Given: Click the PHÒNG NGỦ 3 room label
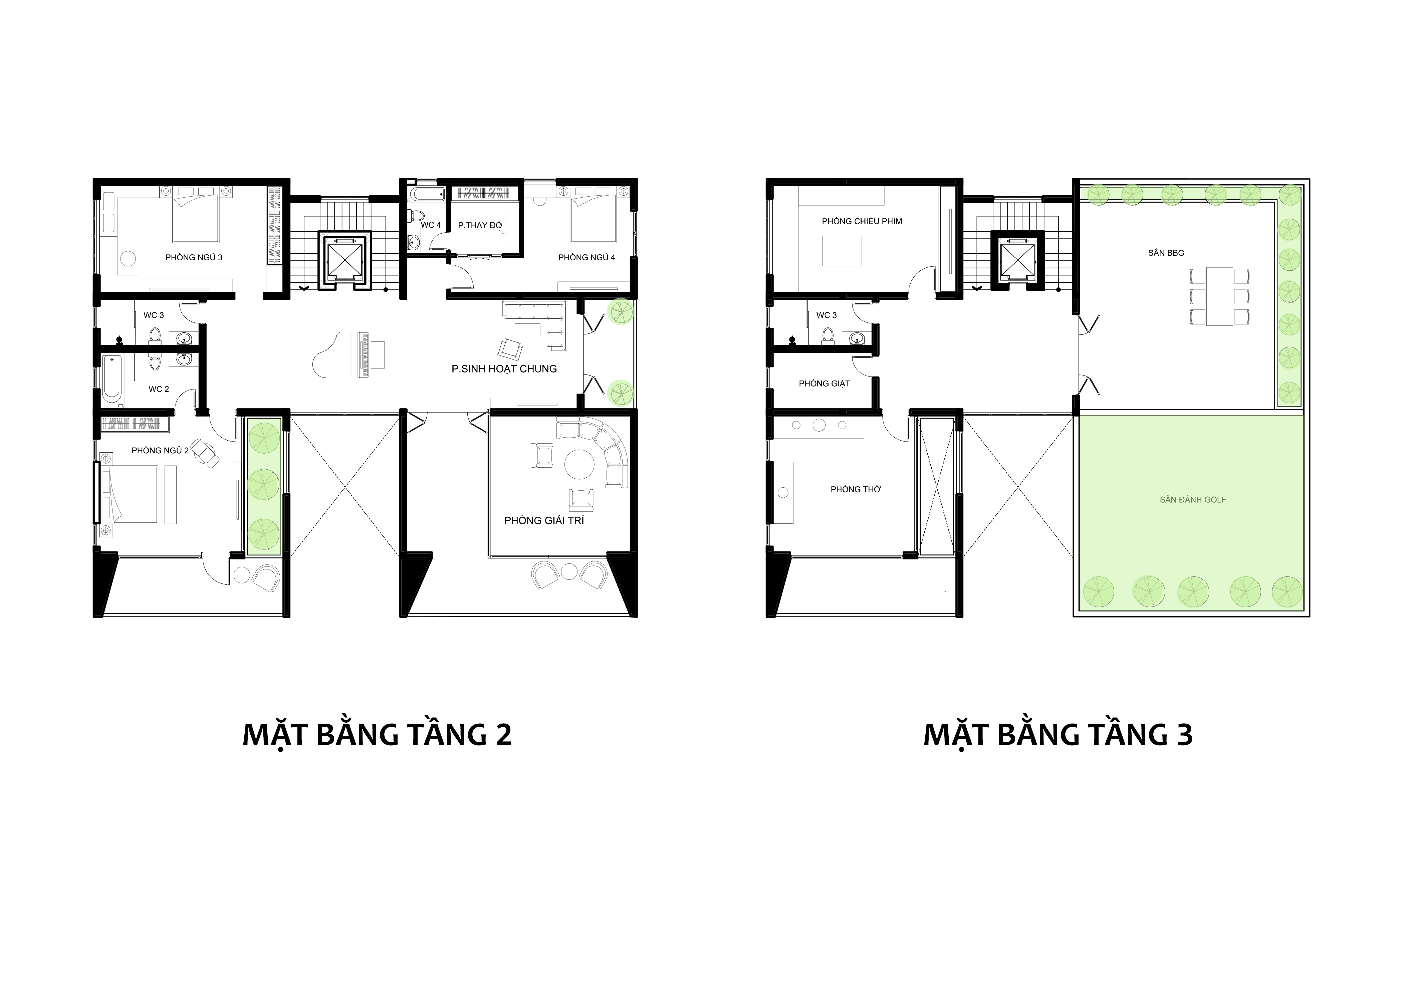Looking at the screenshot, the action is point(194,257).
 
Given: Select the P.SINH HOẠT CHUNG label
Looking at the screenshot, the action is point(504,369).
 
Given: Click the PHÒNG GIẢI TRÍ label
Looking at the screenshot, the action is point(544,520).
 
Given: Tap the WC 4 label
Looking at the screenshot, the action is point(431,225).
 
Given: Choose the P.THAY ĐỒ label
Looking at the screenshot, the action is point(480,226).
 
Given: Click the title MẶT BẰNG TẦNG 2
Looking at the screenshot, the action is point(377,735).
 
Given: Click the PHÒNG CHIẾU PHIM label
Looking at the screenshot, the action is point(862,221).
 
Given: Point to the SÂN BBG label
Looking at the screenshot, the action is point(1166,253).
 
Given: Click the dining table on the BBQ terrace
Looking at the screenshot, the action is point(1220,296).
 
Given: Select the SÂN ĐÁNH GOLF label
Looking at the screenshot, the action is point(1193,500).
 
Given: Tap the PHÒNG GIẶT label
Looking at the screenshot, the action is point(824,384).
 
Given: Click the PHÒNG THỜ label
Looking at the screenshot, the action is point(856,490).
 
